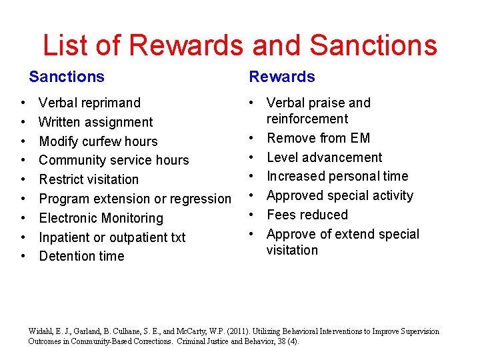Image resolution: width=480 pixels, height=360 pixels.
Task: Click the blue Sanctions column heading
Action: [x=67, y=77]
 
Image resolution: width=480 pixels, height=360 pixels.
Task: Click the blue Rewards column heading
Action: [x=281, y=77]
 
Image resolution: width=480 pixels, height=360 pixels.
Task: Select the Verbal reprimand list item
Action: [x=89, y=103]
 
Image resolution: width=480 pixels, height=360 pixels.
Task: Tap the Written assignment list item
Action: [x=95, y=122]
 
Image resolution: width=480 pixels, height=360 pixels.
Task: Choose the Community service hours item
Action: [x=113, y=160]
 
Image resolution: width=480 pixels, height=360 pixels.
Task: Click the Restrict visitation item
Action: [x=89, y=179]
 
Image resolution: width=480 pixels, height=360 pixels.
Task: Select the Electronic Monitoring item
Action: [x=101, y=218]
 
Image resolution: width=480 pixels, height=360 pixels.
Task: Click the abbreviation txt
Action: [x=177, y=237]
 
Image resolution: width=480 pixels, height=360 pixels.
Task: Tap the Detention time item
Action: [x=81, y=256]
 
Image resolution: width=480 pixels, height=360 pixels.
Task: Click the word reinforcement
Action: [x=307, y=119]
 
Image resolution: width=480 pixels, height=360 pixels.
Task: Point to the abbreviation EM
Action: [x=359, y=138]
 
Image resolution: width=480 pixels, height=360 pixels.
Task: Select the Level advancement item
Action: [x=324, y=157]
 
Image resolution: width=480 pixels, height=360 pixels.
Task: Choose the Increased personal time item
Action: [x=337, y=176]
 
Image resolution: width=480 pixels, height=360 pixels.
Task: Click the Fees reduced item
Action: [x=307, y=215]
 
